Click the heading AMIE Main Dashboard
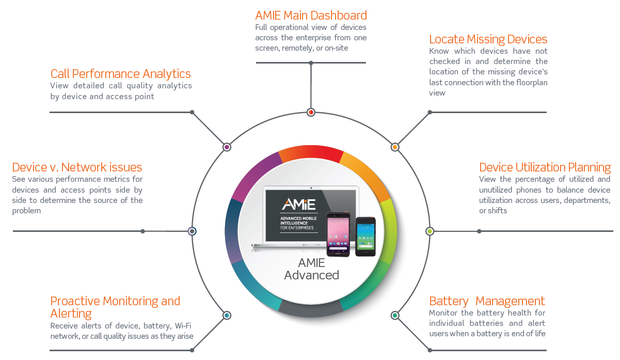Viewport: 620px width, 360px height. (x=311, y=15)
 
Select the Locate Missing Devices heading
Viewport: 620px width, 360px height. (x=488, y=39)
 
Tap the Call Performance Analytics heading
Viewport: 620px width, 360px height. (x=120, y=74)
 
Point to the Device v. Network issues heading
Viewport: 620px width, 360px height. (x=77, y=167)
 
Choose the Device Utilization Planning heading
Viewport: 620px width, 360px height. (x=545, y=167)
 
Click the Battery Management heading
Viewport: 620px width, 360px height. (x=487, y=301)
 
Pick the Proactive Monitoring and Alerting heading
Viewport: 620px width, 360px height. (x=115, y=307)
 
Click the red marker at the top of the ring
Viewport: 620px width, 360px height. (x=311, y=112)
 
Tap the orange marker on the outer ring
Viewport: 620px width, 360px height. (x=395, y=147)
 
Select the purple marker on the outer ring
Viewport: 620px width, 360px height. (x=227, y=147)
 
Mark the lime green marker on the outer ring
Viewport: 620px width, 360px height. (x=430, y=231)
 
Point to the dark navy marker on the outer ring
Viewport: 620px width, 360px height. (x=192, y=231)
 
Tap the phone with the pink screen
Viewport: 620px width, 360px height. (x=338, y=233)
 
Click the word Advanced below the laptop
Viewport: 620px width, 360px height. (x=311, y=275)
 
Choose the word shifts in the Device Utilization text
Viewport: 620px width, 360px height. (x=497, y=211)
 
